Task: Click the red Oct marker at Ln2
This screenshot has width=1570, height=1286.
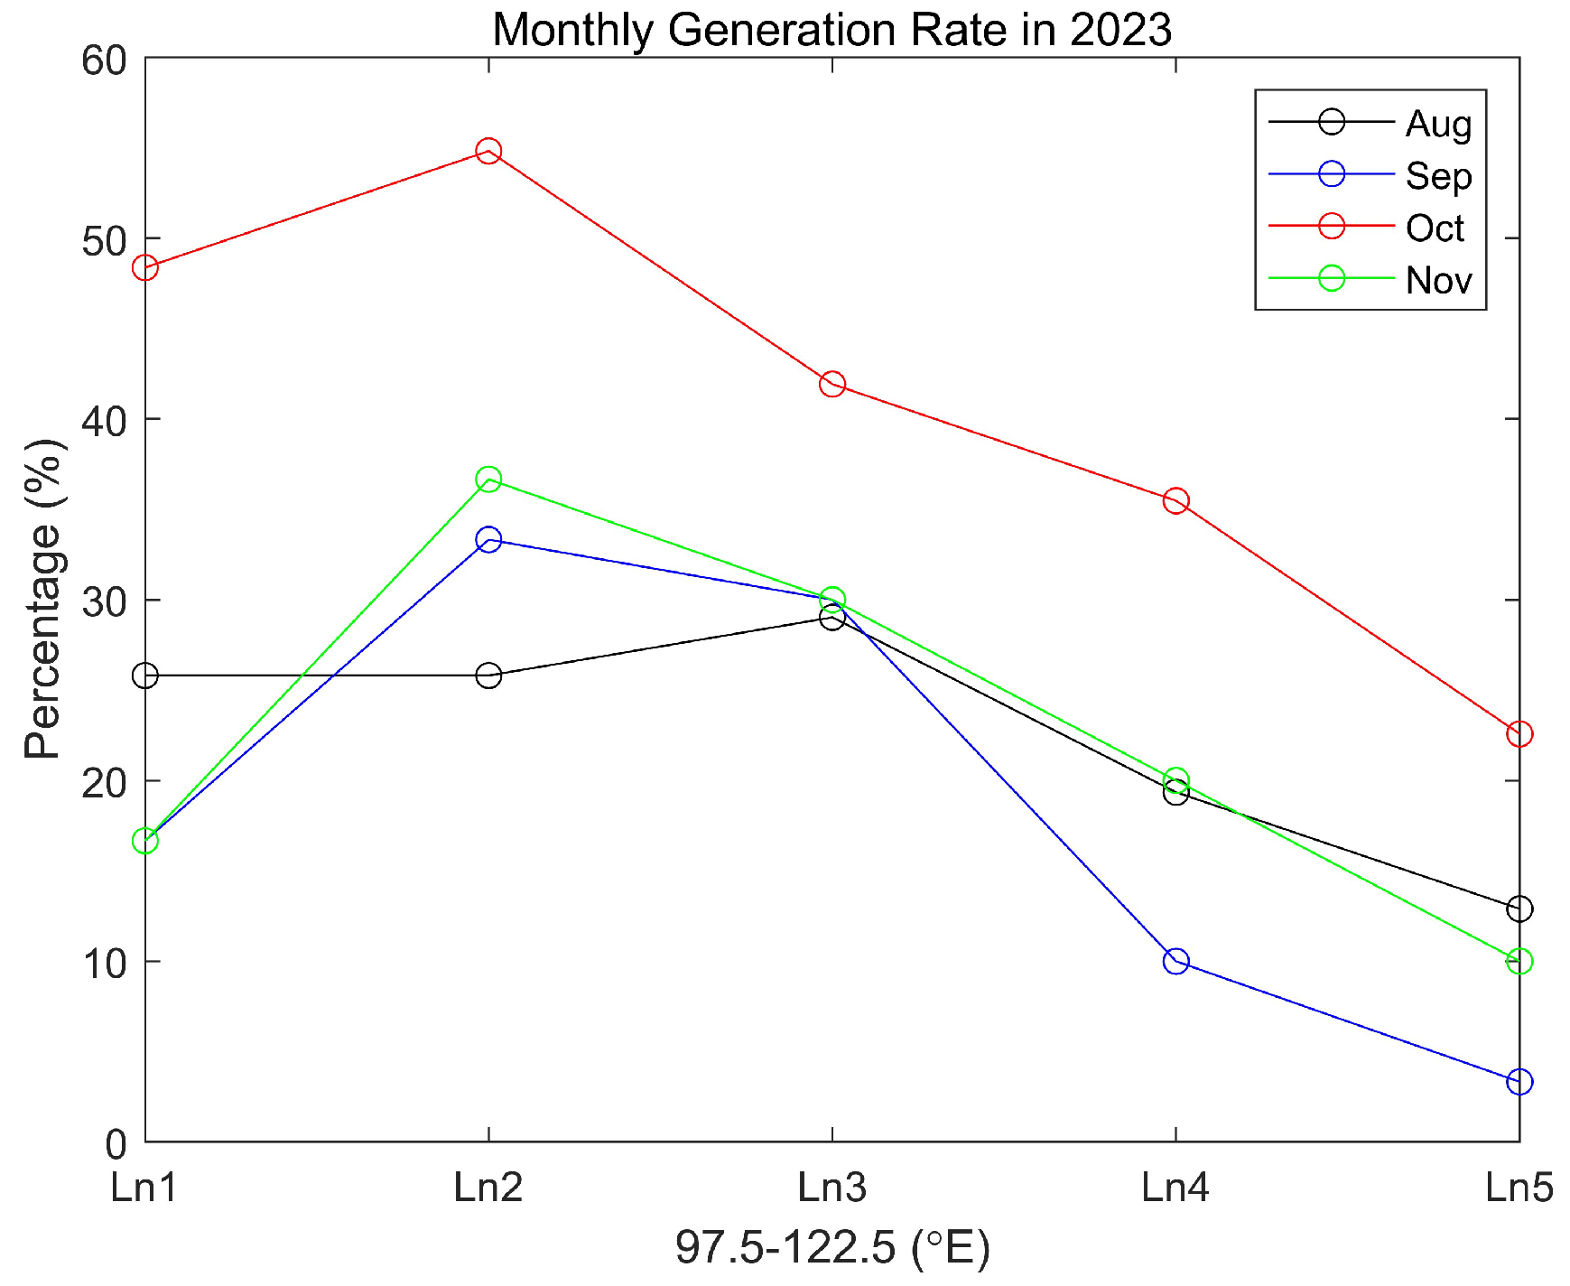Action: click(x=488, y=151)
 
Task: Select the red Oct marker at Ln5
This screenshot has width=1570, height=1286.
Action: click(x=1519, y=733)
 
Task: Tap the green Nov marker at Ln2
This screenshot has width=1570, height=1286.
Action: click(x=488, y=479)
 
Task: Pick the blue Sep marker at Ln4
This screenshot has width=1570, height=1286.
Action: click(x=1175, y=961)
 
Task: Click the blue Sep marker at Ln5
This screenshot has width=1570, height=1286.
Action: click(x=1519, y=1081)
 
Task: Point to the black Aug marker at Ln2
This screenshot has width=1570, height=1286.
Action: click(x=488, y=676)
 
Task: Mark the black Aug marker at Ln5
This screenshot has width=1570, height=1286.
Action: click(x=1519, y=909)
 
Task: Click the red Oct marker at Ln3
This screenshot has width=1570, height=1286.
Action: click(x=832, y=384)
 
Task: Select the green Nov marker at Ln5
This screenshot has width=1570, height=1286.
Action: click(x=1519, y=961)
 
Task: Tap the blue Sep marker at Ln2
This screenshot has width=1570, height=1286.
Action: click(x=488, y=540)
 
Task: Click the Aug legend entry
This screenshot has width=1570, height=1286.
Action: click(x=1437, y=123)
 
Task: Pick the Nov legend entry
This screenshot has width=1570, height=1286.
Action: click(x=1437, y=280)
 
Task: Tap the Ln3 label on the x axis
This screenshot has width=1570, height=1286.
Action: click(x=832, y=1187)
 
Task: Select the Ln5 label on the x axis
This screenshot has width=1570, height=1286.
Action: click(x=1519, y=1187)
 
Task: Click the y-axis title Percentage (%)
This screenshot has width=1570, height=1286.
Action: click(x=43, y=600)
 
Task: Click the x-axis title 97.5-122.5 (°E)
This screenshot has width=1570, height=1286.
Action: click(x=832, y=1247)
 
